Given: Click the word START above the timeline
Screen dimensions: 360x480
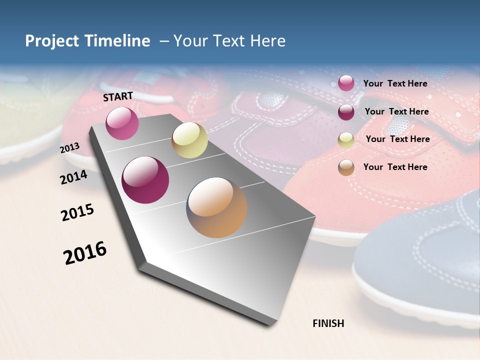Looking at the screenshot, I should click(x=118, y=96).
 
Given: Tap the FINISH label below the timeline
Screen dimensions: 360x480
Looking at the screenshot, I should click(x=328, y=323).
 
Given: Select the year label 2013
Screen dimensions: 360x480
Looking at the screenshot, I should click(x=70, y=148).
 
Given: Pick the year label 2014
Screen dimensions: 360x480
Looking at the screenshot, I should click(x=74, y=177).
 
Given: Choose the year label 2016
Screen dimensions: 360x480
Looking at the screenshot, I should click(x=85, y=253).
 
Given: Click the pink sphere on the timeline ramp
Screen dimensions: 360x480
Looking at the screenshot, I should click(x=122, y=123).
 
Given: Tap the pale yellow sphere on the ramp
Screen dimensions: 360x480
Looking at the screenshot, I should click(x=189, y=140).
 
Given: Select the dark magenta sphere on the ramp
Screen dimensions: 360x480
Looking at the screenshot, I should click(x=145, y=180).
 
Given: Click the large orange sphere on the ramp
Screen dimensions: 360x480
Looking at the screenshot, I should click(x=216, y=207).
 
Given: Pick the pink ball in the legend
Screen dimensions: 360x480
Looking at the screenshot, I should click(x=346, y=83).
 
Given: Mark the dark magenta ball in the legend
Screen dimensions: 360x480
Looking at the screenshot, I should click(x=346, y=111).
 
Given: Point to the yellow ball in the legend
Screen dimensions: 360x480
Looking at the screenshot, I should click(x=346, y=140).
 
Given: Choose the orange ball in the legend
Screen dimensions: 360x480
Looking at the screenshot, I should click(x=346, y=167).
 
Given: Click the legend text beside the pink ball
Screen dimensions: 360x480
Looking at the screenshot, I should click(x=395, y=83).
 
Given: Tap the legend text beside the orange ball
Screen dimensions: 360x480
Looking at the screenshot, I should click(x=395, y=167).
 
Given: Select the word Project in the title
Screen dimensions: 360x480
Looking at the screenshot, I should click(x=51, y=41).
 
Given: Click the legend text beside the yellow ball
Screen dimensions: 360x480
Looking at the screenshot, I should click(x=397, y=139).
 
